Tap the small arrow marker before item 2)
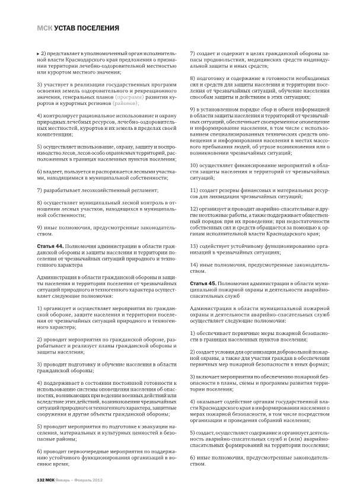pyautogui.click(x=39, y=54)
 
